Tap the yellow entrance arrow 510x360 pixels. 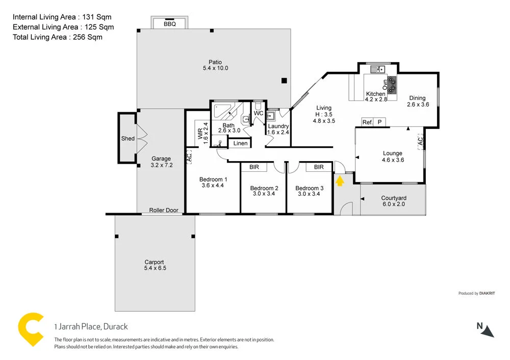(339, 180)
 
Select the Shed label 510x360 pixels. (127, 138)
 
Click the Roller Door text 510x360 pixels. (164, 210)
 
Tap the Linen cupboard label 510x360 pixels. (240, 143)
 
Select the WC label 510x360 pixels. (259, 113)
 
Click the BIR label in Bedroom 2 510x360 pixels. (253, 167)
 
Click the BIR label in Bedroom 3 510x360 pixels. (319, 167)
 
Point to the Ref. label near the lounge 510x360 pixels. (367, 122)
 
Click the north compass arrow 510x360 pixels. (488, 330)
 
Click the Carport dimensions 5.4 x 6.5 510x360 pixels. (155, 268)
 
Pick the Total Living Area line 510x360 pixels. (57, 37)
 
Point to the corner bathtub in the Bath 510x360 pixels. (222, 110)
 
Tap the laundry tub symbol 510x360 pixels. (270, 116)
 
